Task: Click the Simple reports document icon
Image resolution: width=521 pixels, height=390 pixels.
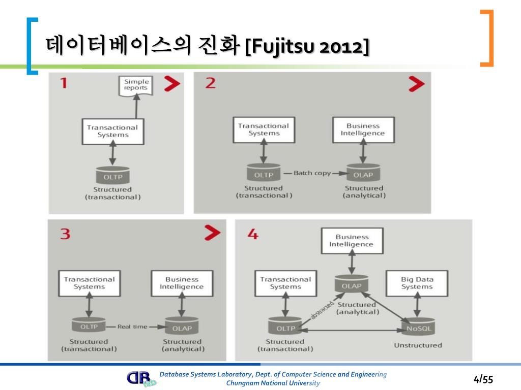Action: tap(136, 85)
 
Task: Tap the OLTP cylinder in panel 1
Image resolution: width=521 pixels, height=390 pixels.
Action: tap(113, 176)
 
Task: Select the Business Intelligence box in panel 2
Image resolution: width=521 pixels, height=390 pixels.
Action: tap(363, 129)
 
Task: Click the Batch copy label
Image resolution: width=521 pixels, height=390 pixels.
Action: tap(312, 173)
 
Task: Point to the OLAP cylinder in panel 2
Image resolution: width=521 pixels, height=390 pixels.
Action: tap(363, 174)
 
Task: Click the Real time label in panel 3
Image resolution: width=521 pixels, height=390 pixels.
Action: tap(132, 327)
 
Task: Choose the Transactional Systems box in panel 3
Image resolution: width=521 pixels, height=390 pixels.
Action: tap(89, 283)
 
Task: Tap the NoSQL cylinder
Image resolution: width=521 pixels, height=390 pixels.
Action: tap(418, 328)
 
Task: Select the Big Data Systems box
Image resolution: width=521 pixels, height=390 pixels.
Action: tap(417, 283)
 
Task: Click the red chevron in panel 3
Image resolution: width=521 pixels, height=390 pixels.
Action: tap(212, 233)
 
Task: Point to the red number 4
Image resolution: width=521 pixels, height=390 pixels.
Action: tap(253, 235)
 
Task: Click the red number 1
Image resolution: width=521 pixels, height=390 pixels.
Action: tap(64, 83)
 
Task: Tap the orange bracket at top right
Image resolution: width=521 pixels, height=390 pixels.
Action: tap(487, 38)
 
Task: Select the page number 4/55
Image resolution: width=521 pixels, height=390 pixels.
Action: tap(483, 379)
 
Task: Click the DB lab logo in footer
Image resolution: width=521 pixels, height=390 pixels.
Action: tap(141, 379)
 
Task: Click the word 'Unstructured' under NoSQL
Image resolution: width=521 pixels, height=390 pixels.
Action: tap(418, 345)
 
